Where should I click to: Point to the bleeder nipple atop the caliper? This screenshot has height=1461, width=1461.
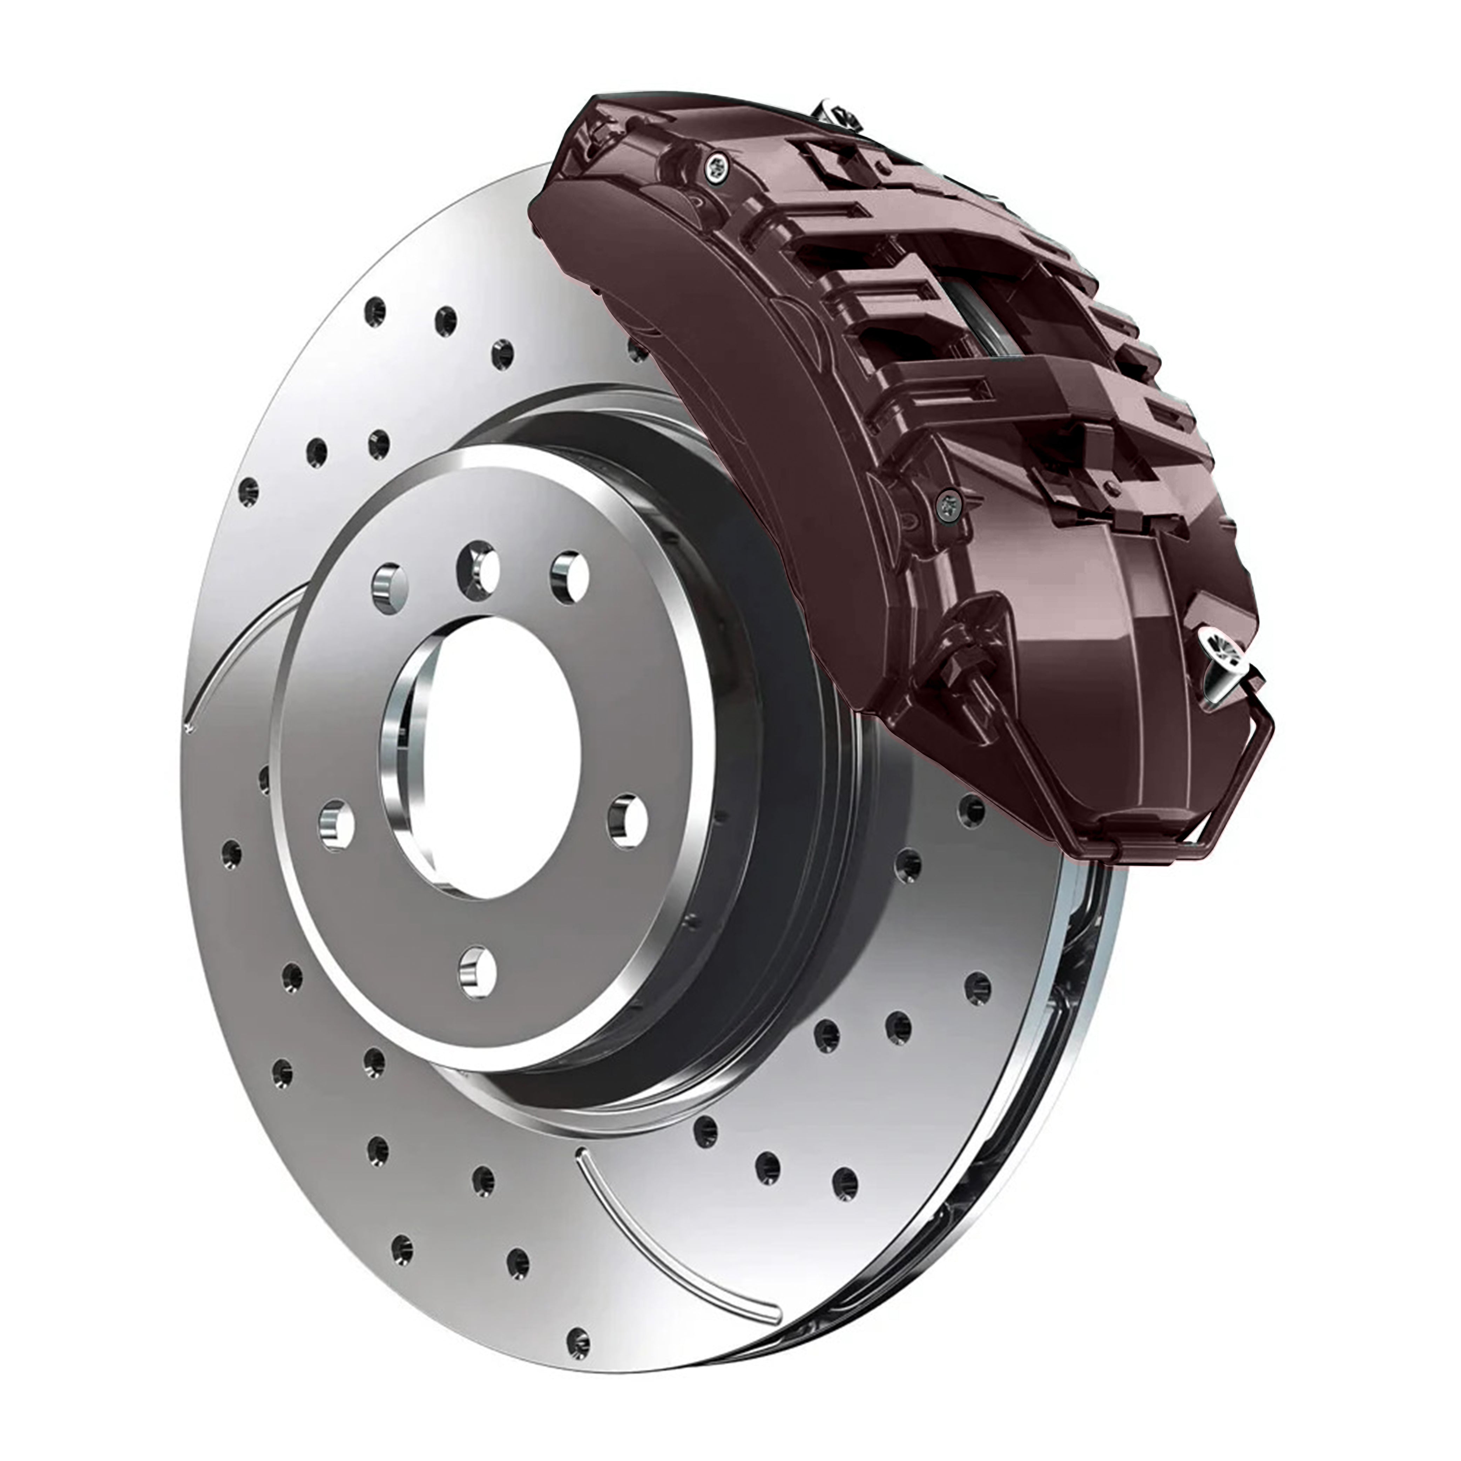(x=836, y=114)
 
